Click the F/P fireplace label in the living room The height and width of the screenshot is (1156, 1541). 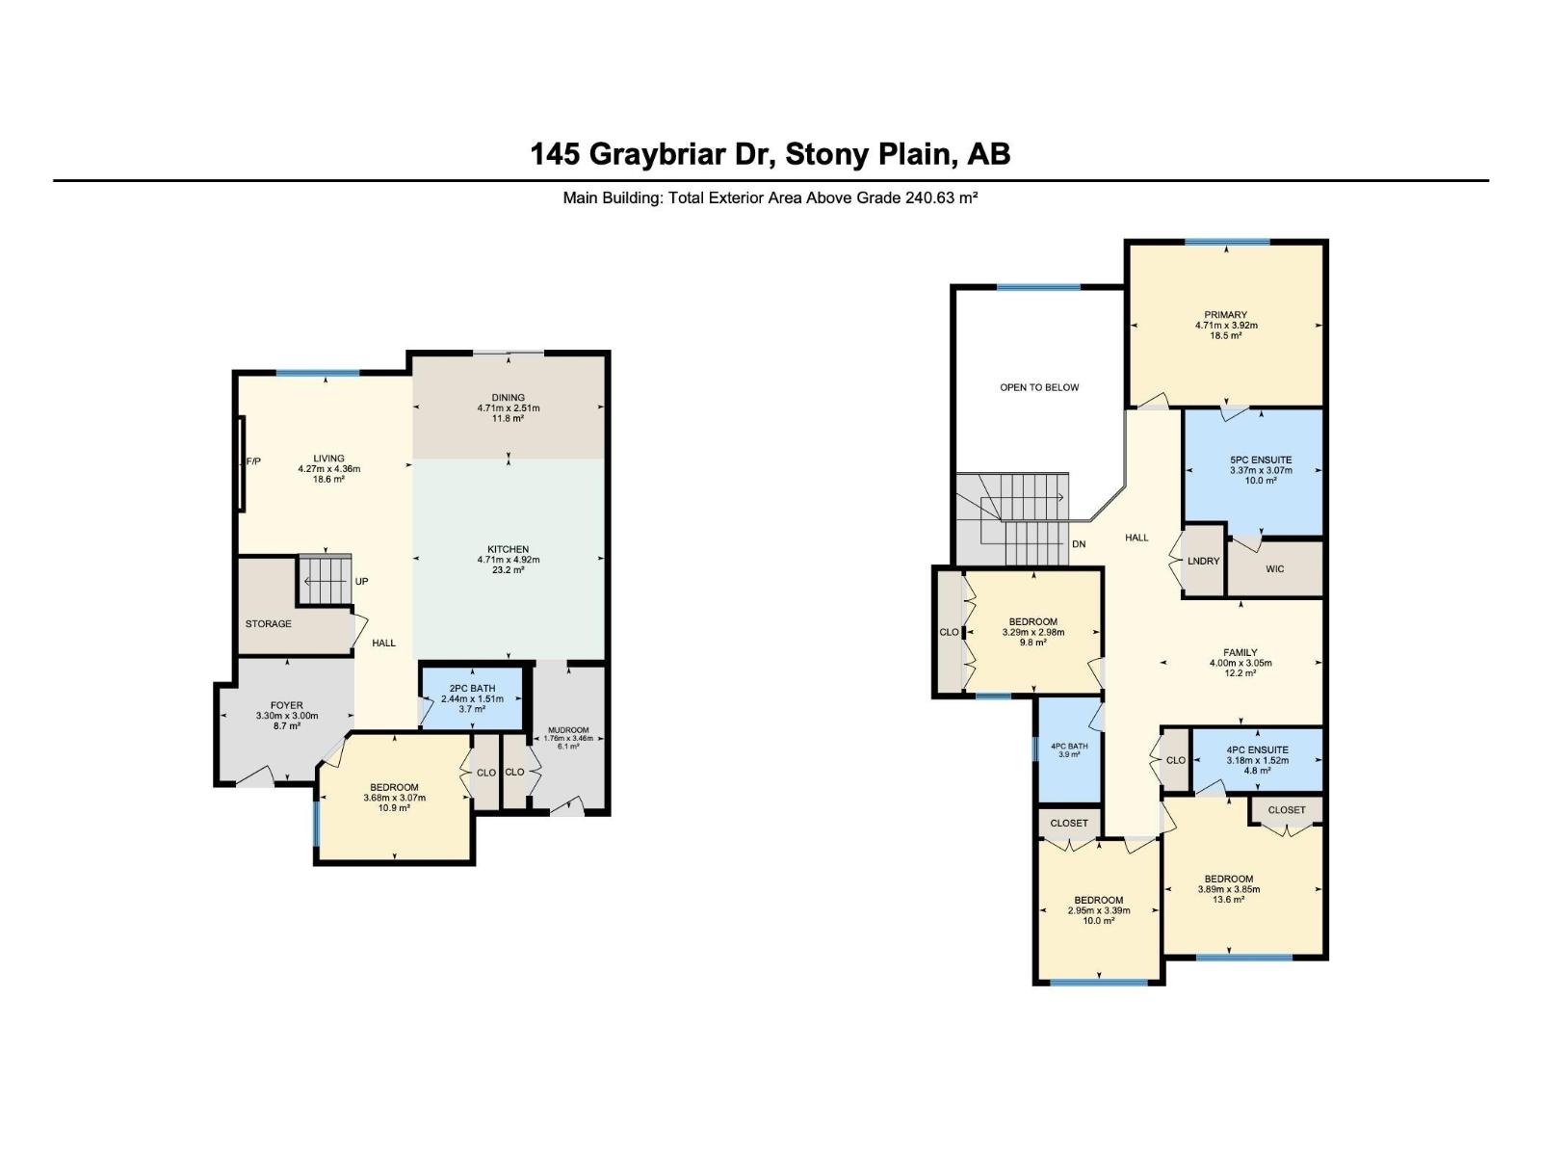[x=253, y=461]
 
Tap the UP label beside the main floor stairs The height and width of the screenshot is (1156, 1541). [x=361, y=581]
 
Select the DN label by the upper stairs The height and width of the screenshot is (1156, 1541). [x=1079, y=544]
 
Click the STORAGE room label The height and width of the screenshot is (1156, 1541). [x=268, y=623]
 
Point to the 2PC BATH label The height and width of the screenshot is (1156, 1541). [x=473, y=689]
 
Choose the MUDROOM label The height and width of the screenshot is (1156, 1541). [x=568, y=730]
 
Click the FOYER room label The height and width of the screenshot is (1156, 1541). [x=286, y=705]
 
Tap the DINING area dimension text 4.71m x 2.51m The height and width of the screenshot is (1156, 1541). [x=509, y=407]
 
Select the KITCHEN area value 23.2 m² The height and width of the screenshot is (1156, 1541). [x=509, y=570]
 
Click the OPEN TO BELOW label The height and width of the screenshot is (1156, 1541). [x=1039, y=387]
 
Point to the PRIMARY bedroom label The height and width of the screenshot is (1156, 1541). [x=1226, y=315]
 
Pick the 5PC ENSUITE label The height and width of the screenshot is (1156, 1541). [x=1261, y=460]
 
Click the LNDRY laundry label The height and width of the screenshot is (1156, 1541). [x=1203, y=561]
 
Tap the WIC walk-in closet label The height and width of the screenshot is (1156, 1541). [x=1275, y=568]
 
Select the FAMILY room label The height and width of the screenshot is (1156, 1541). [x=1240, y=652]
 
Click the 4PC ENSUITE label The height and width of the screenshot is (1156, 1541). [x=1258, y=749]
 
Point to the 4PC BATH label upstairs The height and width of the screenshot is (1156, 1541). [x=1068, y=746]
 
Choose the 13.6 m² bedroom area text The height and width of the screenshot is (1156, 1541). [x=1228, y=899]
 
